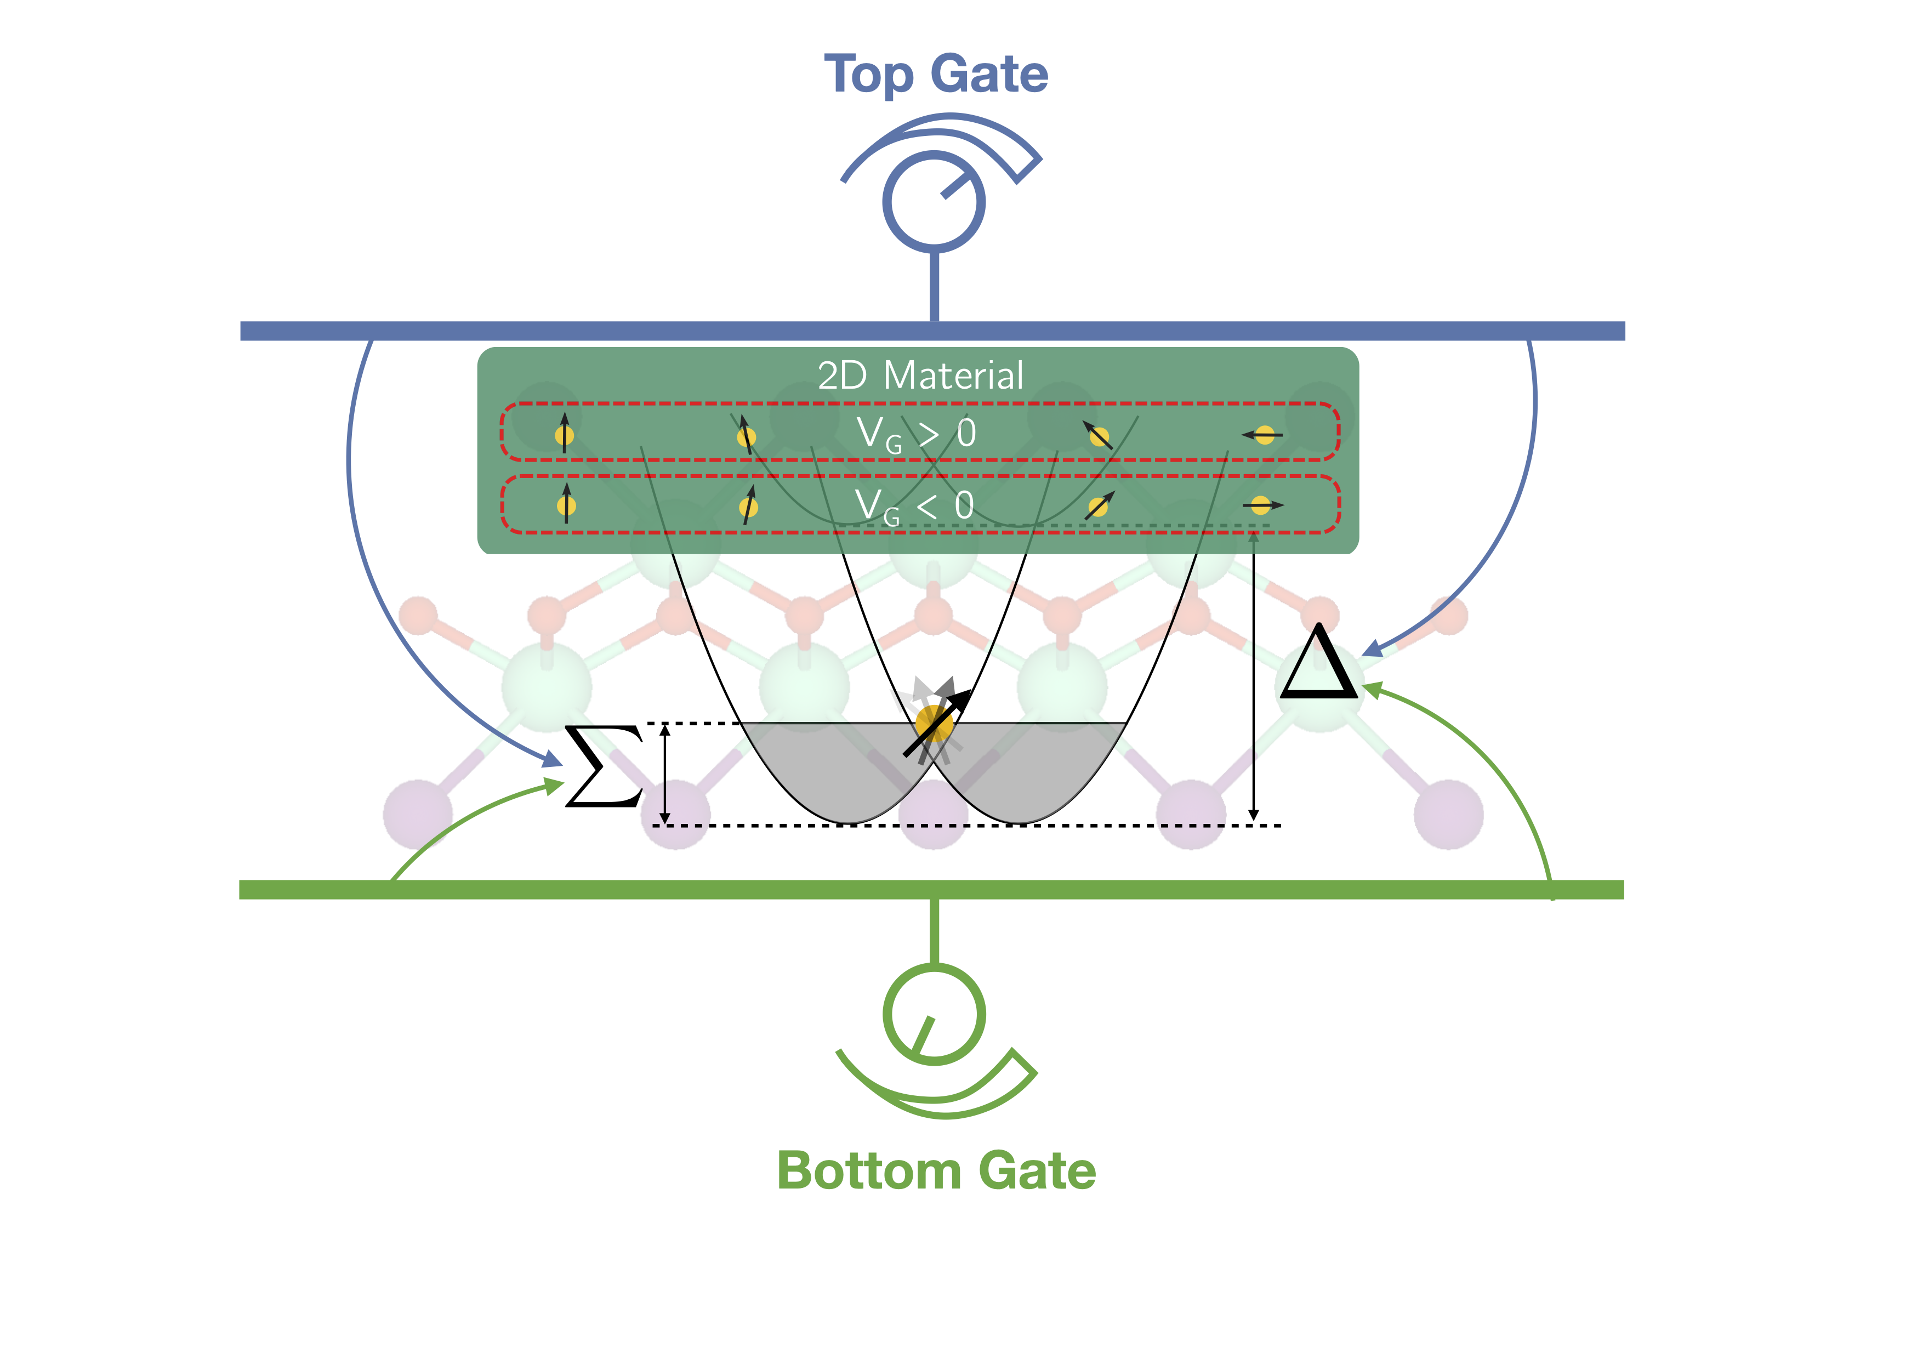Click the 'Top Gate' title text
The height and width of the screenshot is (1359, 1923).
pos(936,75)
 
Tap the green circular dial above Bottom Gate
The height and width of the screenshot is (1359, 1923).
pos(934,1014)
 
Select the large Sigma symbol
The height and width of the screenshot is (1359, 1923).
pos(603,766)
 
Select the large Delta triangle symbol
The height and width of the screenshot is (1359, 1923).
pos(1318,663)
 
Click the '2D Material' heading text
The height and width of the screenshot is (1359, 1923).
pos(920,375)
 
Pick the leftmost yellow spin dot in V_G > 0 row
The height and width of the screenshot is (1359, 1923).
pos(565,435)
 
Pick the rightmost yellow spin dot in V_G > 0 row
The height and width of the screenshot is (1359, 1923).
pos(1265,435)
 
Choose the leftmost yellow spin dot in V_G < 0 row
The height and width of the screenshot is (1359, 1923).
pos(566,506)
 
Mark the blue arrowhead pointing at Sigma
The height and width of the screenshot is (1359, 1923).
pos(553,759)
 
